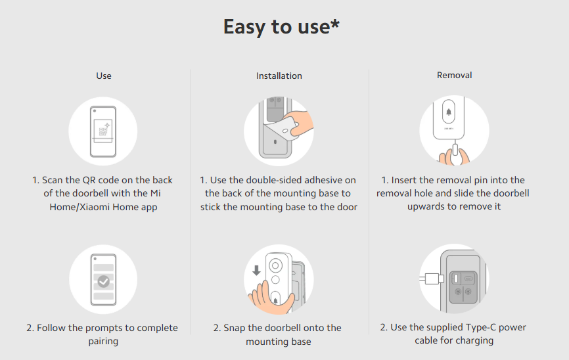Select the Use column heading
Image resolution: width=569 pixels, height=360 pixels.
(103, 76)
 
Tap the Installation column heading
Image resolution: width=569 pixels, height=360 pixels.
(279, 76)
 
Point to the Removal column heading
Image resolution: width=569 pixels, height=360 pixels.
(454, 75)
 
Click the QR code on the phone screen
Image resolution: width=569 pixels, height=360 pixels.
(103, 131)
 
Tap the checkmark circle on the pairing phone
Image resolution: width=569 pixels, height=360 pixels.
(104, 281)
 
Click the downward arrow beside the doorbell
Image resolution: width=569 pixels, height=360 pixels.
(256, 271)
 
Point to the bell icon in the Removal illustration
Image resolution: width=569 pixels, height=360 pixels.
(449, 112)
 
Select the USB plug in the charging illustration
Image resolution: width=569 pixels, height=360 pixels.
(432, 279)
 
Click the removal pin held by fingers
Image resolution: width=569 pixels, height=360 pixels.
(455, 152)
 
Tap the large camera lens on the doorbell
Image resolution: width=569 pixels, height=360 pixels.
(275, 265)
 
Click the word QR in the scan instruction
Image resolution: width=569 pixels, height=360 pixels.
(89, 180)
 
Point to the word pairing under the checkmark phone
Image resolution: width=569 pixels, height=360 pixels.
(103, 342)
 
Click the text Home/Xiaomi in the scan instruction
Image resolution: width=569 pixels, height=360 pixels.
(80, 207)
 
